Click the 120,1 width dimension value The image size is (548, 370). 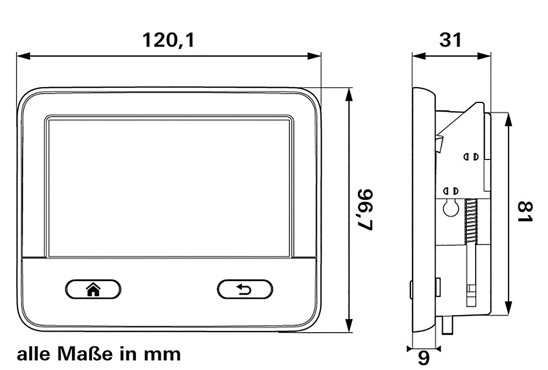click(x=168, y=40)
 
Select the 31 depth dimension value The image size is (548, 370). click(x=450, y=40)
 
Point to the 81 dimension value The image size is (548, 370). click(x=524, y=211)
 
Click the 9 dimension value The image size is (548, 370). click(x=424, y=358)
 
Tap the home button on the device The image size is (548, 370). click(x=93, y=289)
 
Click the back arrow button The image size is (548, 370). click(x=244, y=289)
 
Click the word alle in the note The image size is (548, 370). click(x=34, y=354)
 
